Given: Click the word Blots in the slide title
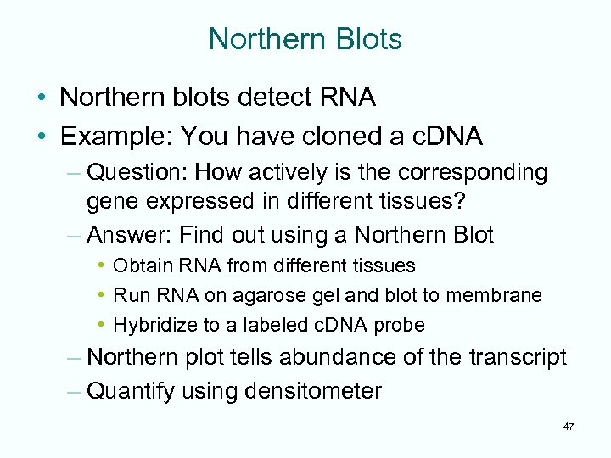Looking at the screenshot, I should (x=364, y=39).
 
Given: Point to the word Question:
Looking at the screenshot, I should (x=137, y=173).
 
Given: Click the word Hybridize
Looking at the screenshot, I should (x=150, y=325).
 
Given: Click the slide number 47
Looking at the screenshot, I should (x=568, y=427).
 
